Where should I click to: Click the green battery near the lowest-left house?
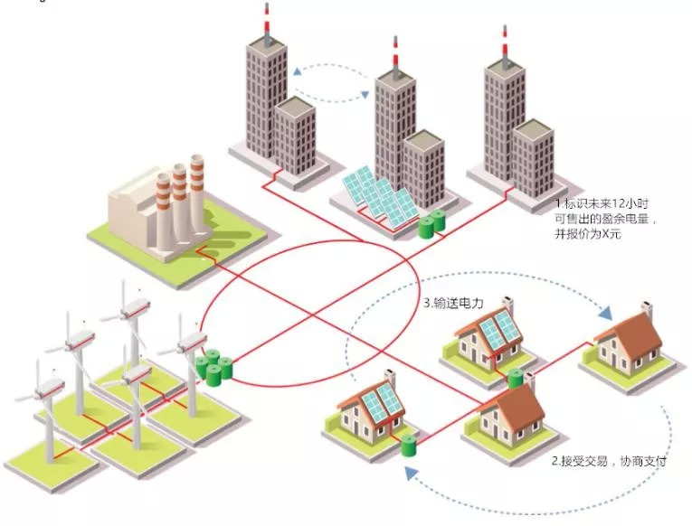[x=409, y=444]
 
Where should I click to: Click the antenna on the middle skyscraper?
[x=394, y=54]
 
